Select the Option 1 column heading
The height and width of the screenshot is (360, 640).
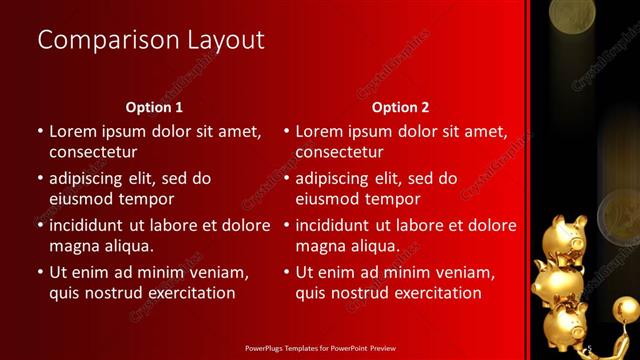tap(154, 106)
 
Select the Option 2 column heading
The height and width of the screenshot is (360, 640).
tap(400, 106)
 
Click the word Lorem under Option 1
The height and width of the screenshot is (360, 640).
tap(74, 131)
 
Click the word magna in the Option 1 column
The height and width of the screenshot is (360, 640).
tap(74, 246)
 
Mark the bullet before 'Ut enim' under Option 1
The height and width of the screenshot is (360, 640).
tap(39, 272)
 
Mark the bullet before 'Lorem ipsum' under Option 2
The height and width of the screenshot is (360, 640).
tap(286, 131)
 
